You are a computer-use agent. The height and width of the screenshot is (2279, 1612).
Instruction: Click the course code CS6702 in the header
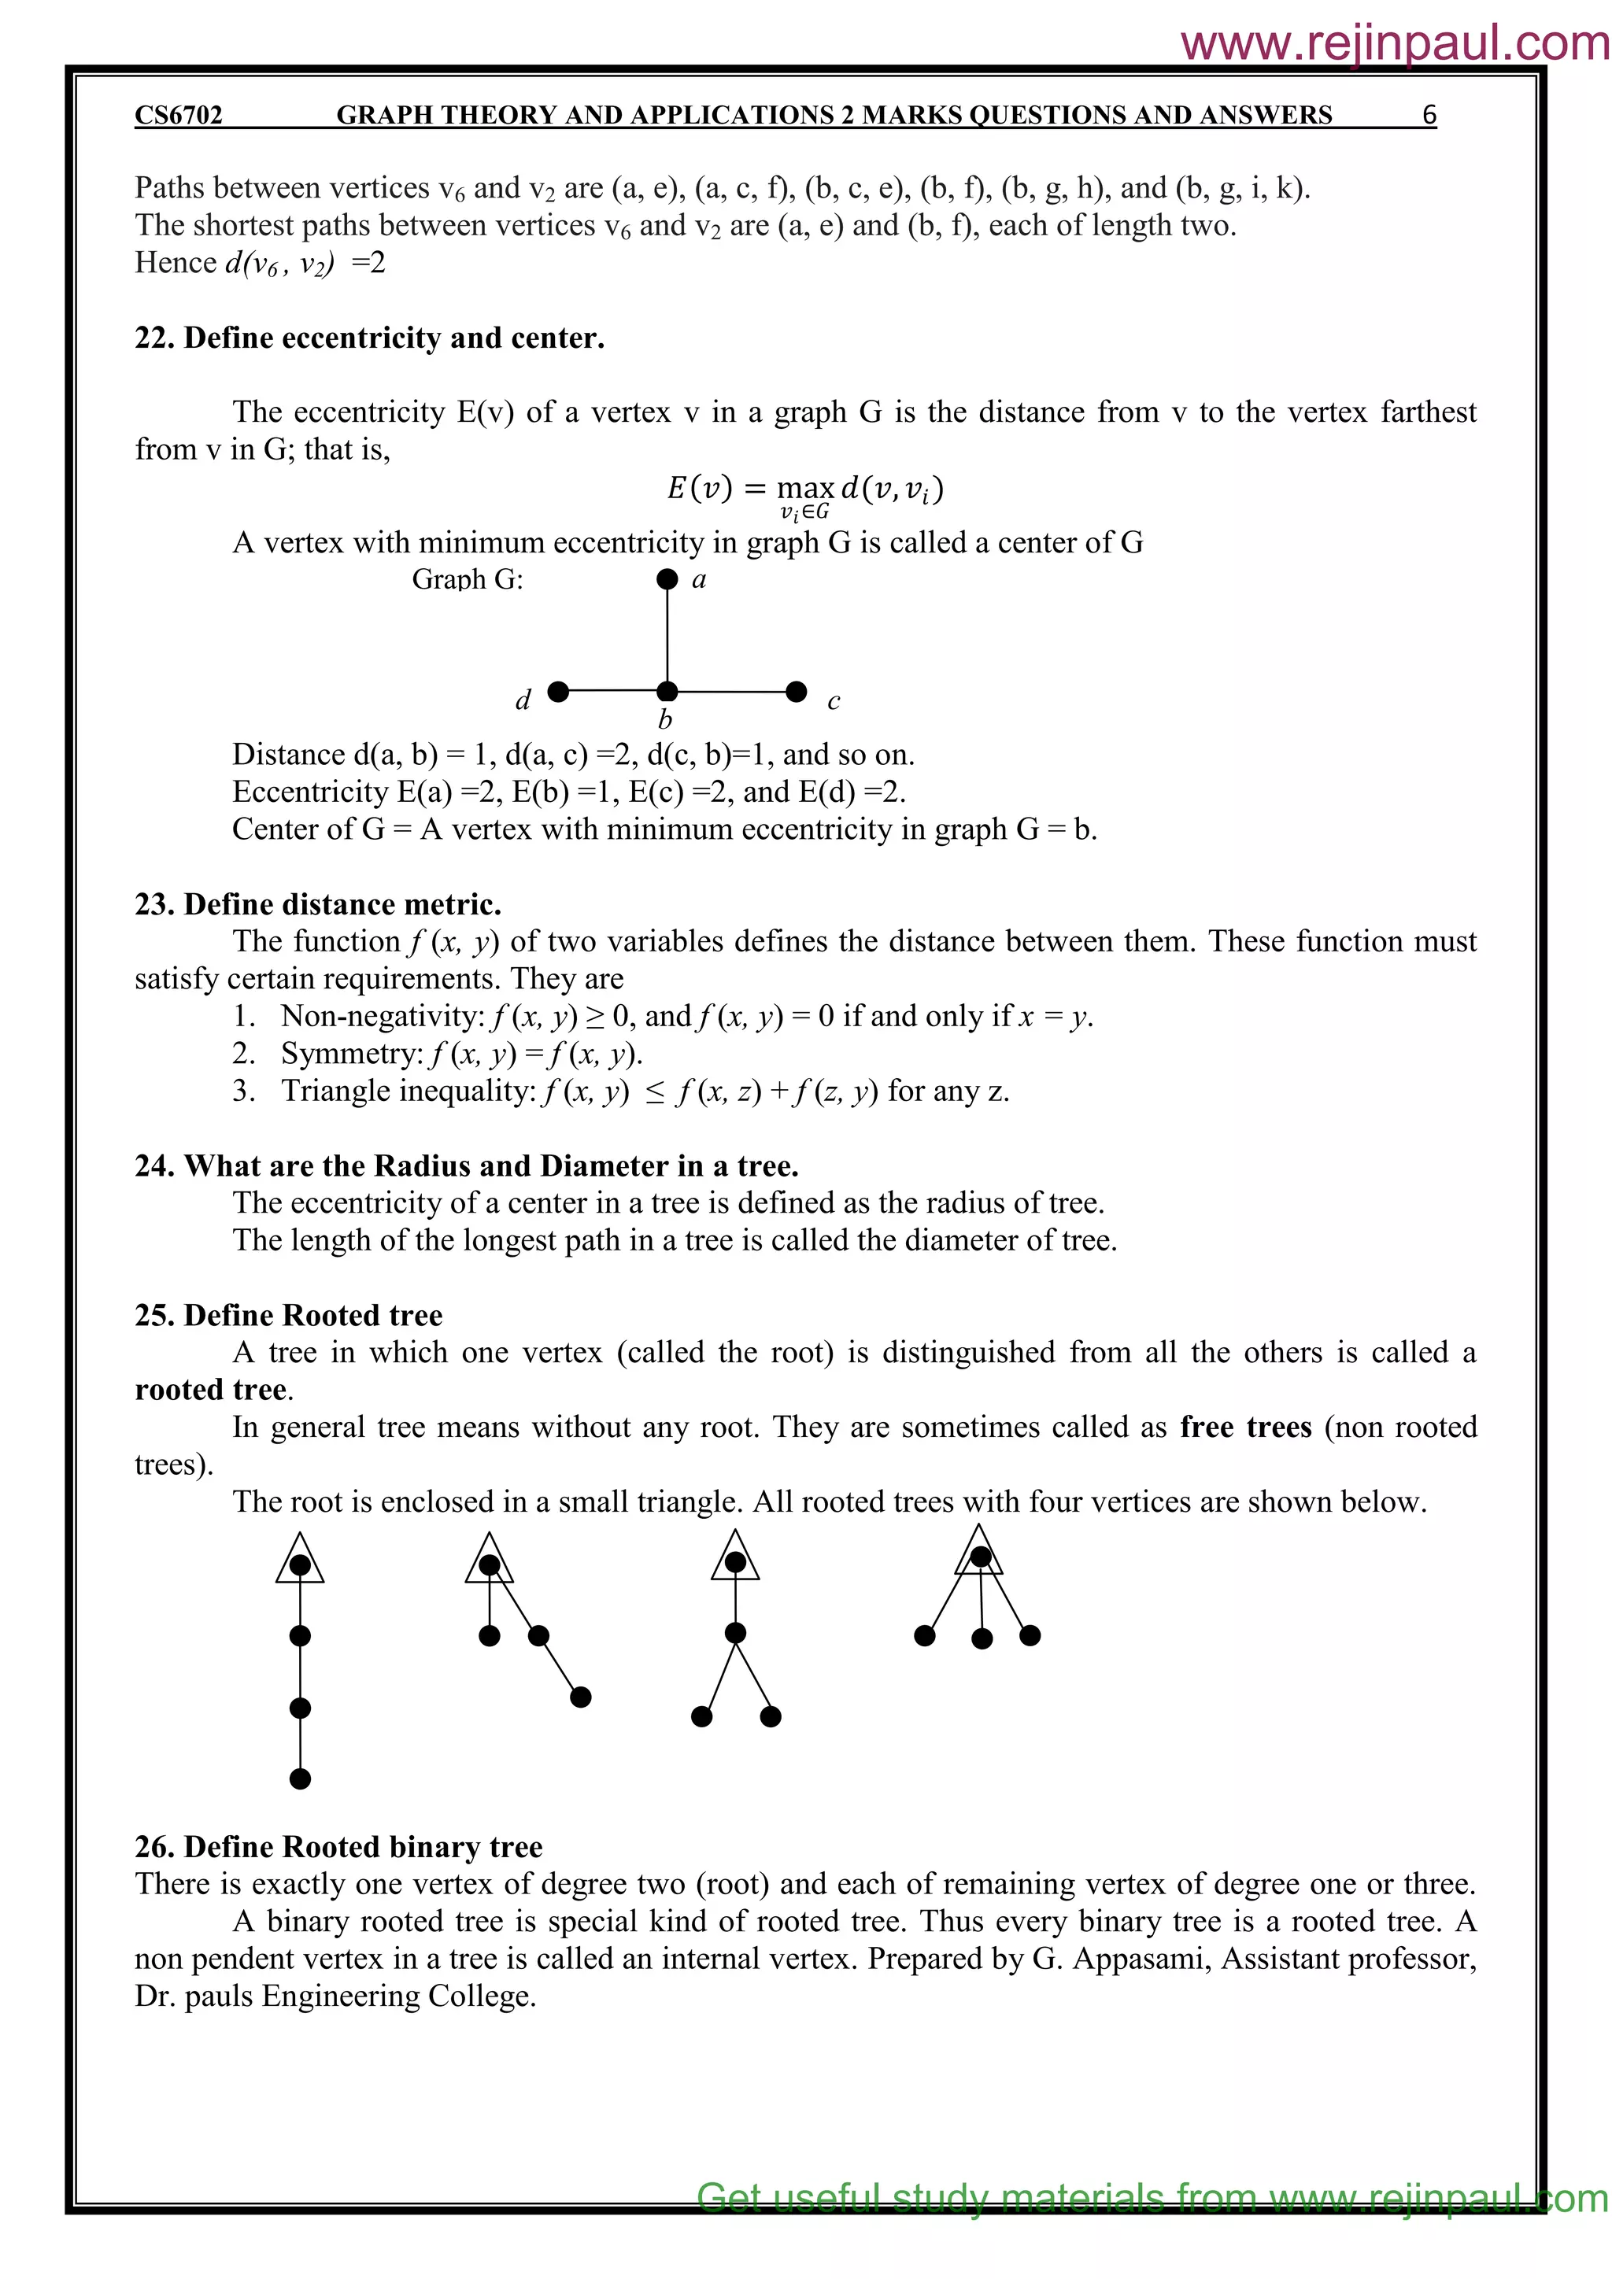[179, 115]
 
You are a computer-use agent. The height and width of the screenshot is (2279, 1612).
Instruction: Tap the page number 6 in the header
[1429, 115]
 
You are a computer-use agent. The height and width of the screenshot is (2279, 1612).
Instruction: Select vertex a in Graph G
[667, 578]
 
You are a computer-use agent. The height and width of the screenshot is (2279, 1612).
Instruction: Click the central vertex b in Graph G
[667, 691]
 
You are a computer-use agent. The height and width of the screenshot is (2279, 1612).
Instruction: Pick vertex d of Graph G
[558, 691]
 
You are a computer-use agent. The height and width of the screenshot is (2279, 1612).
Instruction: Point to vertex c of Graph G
[796, 691]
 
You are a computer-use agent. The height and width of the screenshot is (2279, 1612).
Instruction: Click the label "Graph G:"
[467, 580]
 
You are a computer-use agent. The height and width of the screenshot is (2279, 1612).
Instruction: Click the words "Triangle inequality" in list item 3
[408, 1091]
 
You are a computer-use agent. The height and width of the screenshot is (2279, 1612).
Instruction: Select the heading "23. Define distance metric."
[318, 904]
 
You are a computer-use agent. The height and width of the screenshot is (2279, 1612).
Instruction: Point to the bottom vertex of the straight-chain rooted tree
[300, 1779]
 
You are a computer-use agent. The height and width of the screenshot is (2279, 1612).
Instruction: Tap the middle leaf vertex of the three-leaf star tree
[982, 1638]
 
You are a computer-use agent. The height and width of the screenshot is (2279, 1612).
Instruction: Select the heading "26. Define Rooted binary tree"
[338, 1847]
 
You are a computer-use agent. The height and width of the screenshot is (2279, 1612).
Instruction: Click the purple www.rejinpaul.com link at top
[1394, 43]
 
